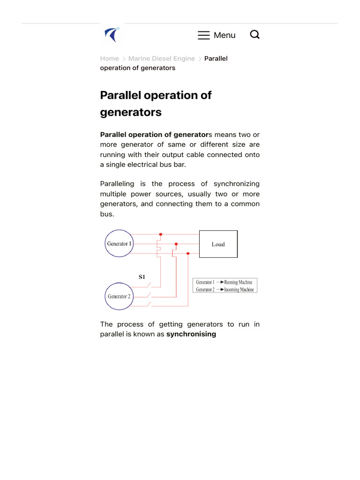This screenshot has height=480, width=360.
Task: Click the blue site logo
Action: tap(112, 35)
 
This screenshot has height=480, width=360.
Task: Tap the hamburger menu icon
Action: tap(203, 35)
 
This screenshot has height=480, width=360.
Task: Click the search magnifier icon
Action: tap(255, 35)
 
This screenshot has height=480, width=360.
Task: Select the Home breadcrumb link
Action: tap(109, 59)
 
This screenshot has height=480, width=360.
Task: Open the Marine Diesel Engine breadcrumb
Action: tap(161, 59)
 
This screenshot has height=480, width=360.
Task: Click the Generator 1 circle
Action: tap(120, 243)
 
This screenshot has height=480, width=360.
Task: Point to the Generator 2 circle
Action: tap(120, 296)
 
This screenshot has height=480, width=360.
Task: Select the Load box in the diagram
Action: tap(218, 244)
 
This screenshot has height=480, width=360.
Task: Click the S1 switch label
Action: tap(142, 277)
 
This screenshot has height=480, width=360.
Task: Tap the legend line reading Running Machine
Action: tap(225, 282)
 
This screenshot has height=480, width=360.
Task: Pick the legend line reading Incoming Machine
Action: tap(225, 290)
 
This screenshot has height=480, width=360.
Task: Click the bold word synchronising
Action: tap(191, 334)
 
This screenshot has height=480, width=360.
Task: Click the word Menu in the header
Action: tap(225, 35)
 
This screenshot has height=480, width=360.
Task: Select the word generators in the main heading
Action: tap(131, 112)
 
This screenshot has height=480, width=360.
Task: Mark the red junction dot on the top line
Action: tap(161, 234)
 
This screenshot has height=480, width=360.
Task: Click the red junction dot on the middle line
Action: tap(176, 244)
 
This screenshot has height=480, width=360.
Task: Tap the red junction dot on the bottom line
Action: tap(188, 254)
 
